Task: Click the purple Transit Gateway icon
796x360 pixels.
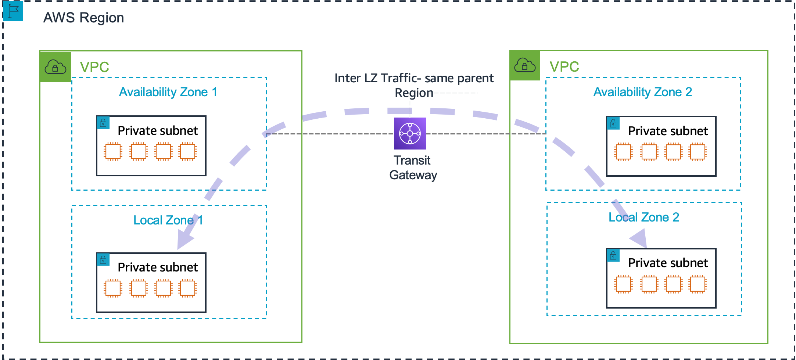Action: (410, 133)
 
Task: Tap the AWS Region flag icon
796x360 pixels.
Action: (13, 11)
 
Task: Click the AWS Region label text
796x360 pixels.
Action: (83, 18)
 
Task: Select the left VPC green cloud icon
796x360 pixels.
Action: (55, 67)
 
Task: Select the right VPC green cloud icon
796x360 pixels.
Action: (525, 65)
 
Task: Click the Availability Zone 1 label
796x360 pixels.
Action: (168, 92)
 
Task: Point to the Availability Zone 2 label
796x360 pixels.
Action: (642, 92)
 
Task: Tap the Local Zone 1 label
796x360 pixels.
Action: (168, 220)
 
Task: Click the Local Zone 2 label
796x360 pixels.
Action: (643, 217)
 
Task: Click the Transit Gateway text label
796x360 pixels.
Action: (413, 168)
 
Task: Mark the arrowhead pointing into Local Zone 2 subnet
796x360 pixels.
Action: (640, 239)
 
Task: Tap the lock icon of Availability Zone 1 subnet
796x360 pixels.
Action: (103, 123)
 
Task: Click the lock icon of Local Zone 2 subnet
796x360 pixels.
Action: (613, 255)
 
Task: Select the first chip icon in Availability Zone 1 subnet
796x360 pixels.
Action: (113, 151)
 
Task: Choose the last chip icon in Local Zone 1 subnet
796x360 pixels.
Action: (188, 288)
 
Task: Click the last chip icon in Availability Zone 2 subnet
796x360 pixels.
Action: (698, 152)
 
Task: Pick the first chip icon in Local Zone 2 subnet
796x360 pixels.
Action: (623, 284)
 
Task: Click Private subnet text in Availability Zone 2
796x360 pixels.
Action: (668, 131)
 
